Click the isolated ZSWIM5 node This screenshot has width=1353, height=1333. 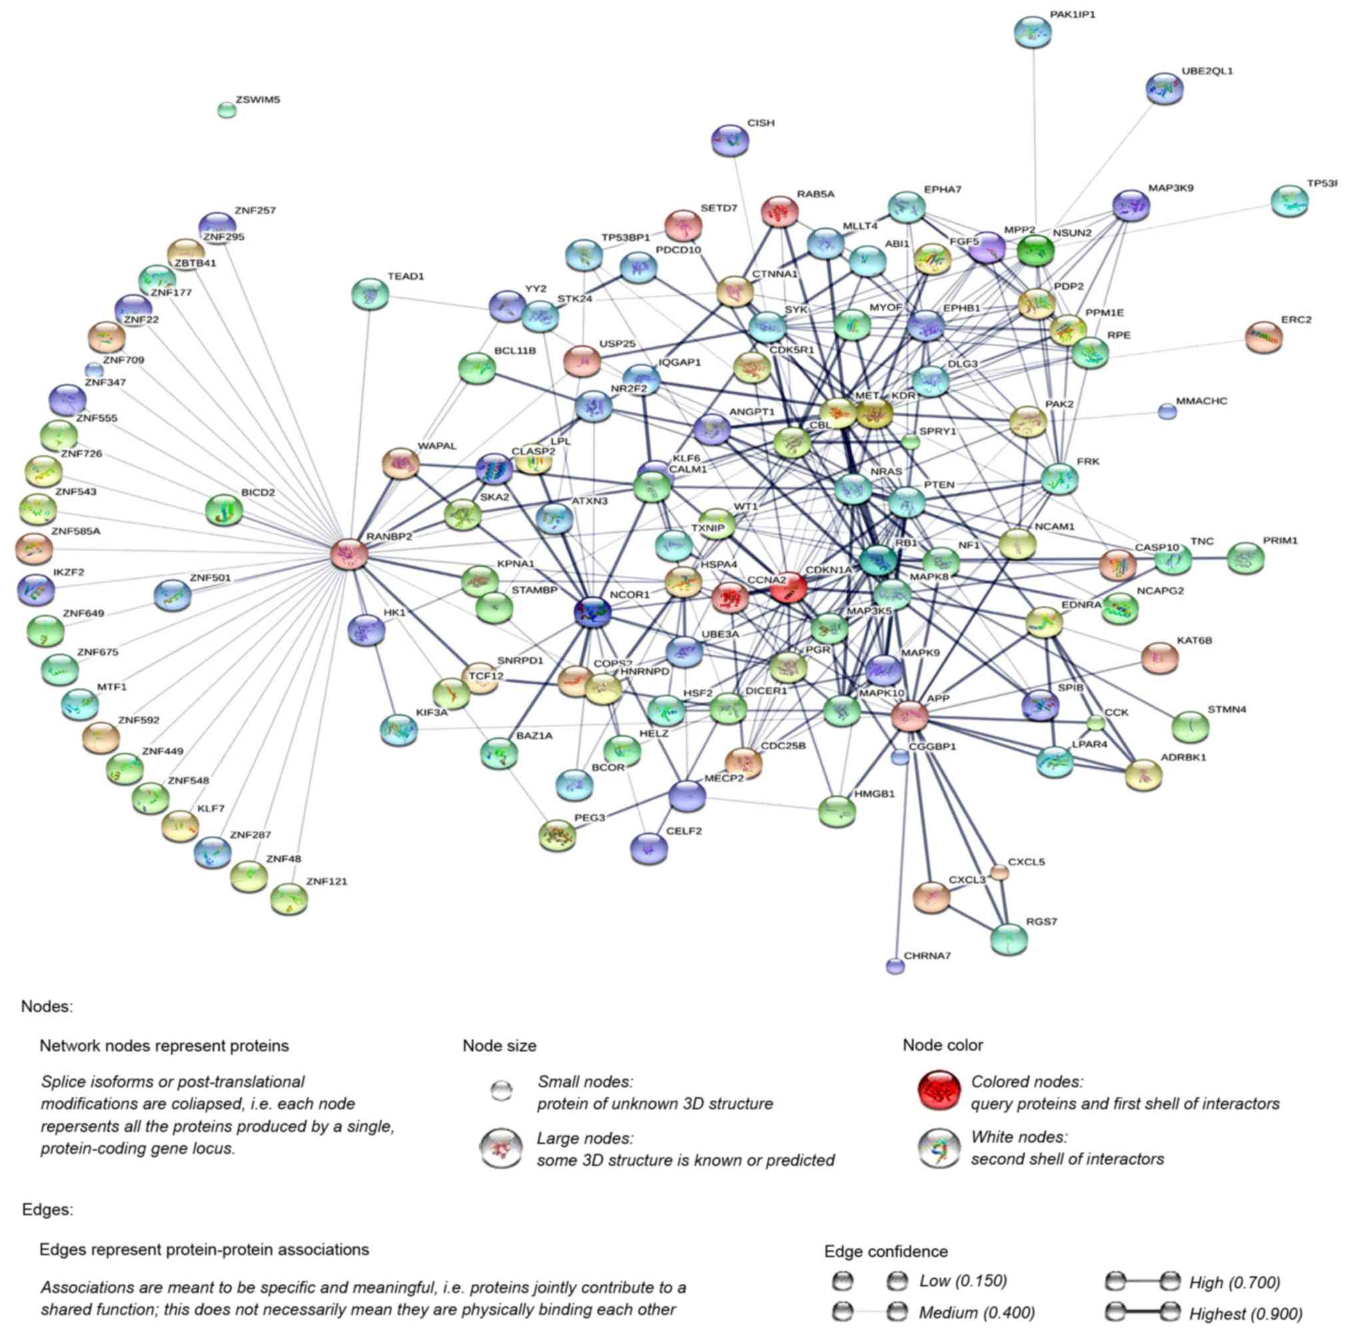tap(226, 110)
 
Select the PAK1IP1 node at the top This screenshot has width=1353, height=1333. tap(1033, 33)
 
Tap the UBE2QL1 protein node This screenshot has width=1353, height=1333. tap(1164, 89)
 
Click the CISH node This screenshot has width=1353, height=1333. tap(729, 140)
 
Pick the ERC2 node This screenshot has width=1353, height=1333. tap(1263, 338)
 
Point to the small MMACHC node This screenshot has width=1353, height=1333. tap(1166, 411)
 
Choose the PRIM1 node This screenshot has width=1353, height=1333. tap(1245, 558)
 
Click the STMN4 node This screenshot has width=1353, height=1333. tap(1190, 726)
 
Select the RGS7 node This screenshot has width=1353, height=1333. tap(1009, 939)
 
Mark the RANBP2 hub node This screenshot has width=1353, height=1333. tap(349, 555)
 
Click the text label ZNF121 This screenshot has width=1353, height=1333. tap(326, 882)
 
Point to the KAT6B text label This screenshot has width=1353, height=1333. tap(1194, 641)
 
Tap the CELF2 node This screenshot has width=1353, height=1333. tap(649, 848)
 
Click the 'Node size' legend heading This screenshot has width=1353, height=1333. tap(499, 1045)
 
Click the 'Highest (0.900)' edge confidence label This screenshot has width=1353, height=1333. tap(1245, 1313)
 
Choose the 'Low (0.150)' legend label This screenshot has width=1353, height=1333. tap(962, 1280)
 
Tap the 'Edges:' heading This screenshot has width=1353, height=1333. tap(47, 1209)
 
